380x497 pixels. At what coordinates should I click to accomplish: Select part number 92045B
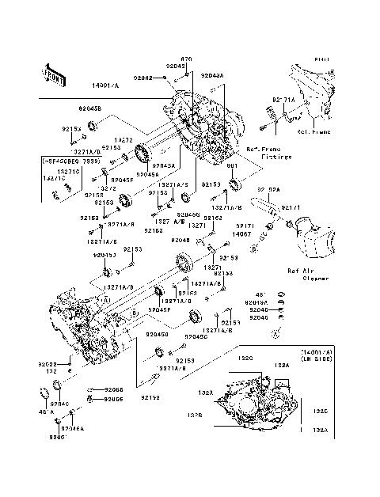89,108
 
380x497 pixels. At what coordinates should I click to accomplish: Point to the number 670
187,59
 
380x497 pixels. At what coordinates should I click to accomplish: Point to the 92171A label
283,100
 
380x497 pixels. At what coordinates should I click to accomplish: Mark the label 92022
47,364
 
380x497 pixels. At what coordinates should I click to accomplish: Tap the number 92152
151,396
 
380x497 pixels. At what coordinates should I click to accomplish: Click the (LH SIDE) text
317,359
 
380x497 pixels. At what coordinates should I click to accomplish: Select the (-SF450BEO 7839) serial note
73,161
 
